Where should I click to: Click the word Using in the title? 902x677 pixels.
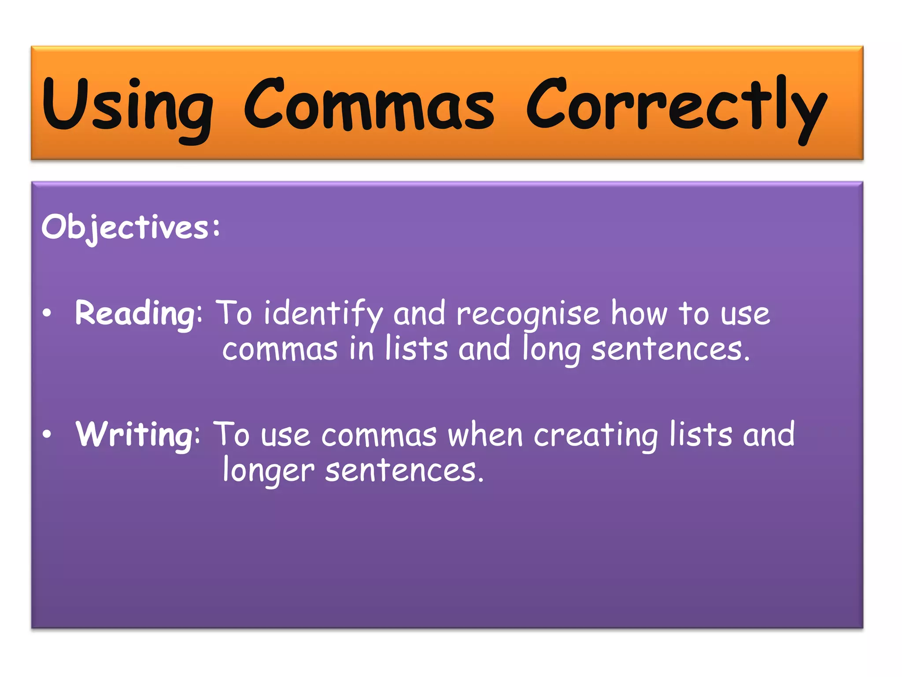pos(128,106)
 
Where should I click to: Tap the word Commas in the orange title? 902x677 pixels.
pos(369,106)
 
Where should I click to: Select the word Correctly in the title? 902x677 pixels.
pos(676,106)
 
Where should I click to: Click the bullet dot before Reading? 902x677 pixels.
pos(47,313)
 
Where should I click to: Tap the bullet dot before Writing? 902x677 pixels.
pos(47,435)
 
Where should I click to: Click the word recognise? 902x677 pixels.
pos(528,314)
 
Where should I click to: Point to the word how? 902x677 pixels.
pos(639,314)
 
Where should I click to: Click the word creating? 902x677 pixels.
pos(595,435)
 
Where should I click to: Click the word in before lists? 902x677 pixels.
pos(362,349)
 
